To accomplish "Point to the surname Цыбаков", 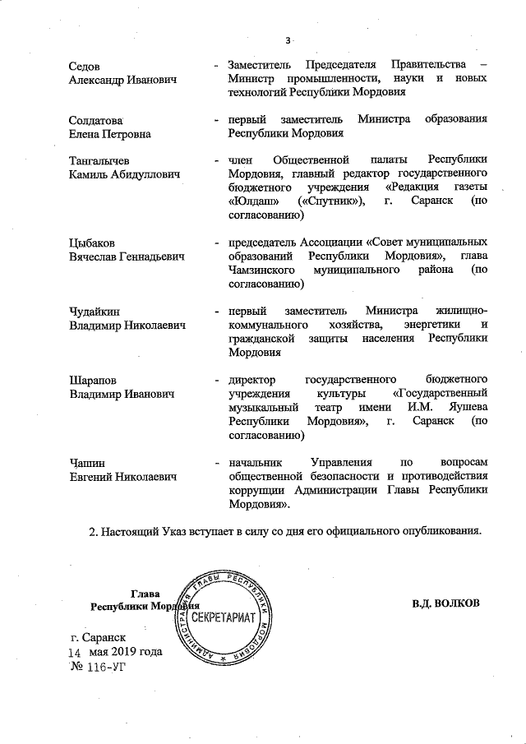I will click(91, 243).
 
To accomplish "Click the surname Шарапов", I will click(91, 381).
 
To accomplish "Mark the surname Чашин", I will click(86, 464).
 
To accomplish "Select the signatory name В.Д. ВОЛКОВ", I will click(445, 603).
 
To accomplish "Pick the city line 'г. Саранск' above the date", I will click(99, 636).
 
